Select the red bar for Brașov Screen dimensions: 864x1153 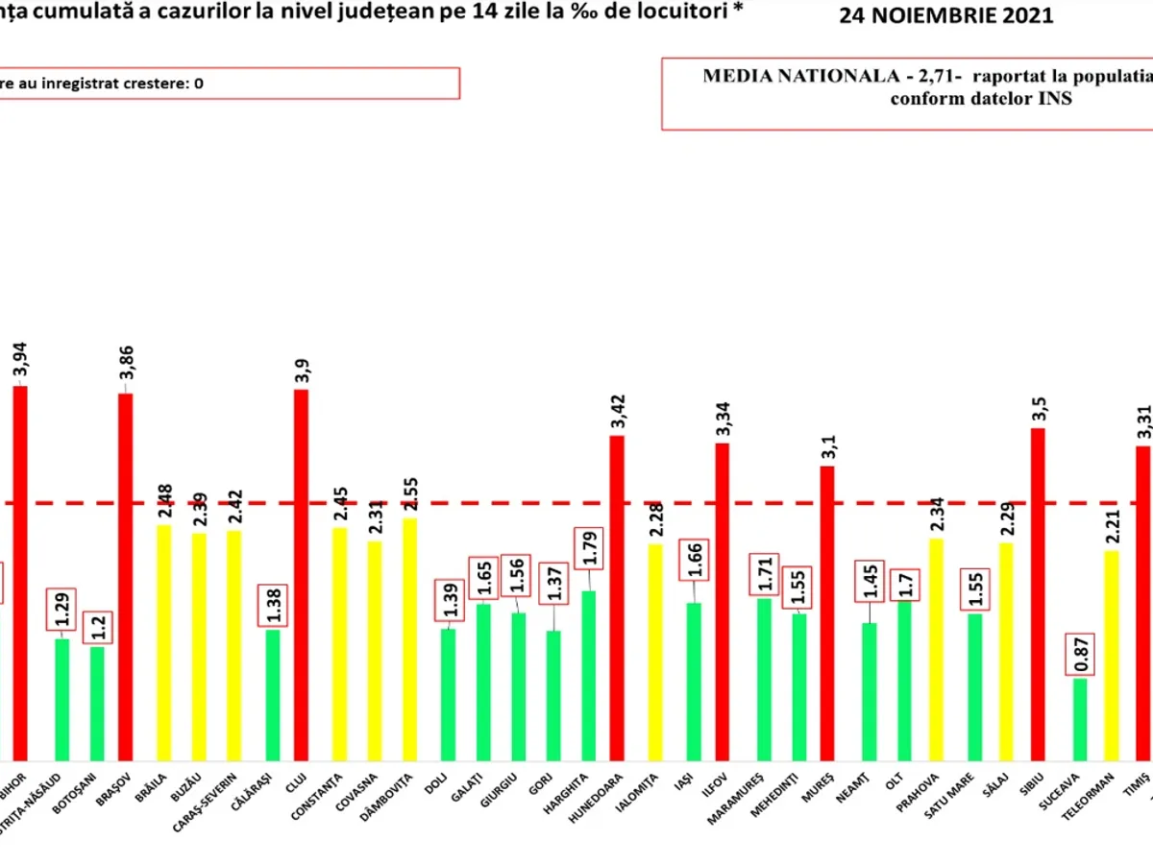coord(125,576)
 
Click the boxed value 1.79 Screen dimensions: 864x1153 coord(588,550)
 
